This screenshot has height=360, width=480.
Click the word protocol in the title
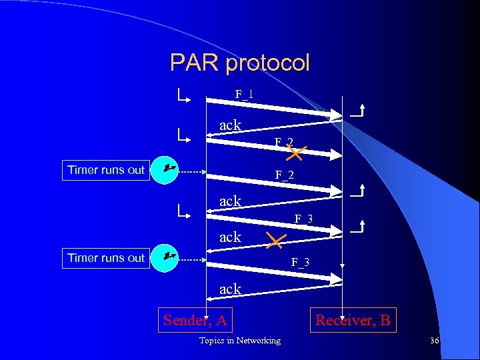[267, 63]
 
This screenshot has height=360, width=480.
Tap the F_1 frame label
[244, 94]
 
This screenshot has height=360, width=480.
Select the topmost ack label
[231, 125]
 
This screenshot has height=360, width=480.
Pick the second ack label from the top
[231, 200]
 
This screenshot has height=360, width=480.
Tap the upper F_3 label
[304, 219]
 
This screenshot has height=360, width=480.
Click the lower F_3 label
[300, 262]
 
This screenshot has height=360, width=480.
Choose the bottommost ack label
[231, 289]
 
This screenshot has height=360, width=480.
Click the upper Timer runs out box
[106, 169]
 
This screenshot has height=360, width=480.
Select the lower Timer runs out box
[106, 257]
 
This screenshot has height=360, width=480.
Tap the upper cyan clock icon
[165, 169]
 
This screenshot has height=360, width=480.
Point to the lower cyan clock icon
[165, 257]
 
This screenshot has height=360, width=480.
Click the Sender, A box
[195, 320]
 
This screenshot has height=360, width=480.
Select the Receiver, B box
[353, 320]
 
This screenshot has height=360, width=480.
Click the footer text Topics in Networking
[240, 341]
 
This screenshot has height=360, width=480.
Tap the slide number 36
[435, 341]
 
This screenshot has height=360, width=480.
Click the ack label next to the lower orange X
[231, 237]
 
